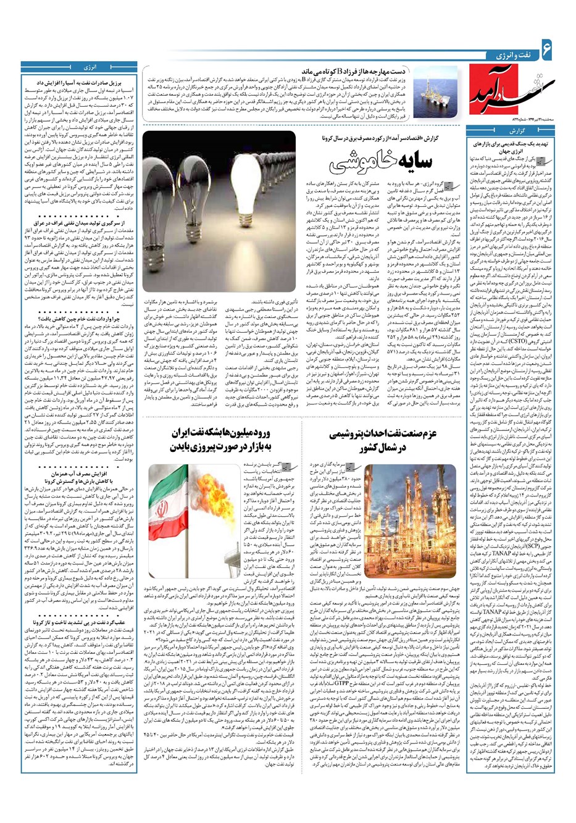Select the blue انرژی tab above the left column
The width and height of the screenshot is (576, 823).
point(88,65)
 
